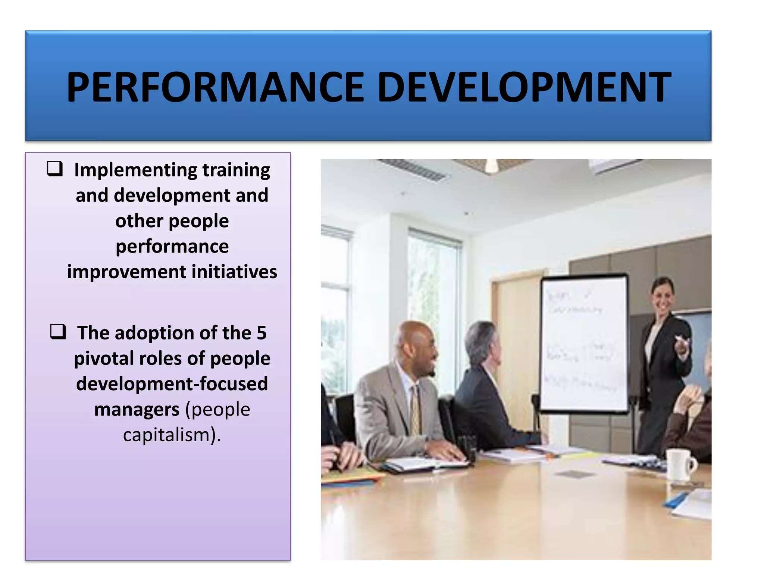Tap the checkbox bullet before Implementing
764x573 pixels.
[55, 169]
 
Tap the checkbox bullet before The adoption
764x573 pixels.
[58, 331]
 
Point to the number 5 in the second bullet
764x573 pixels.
[262, 333]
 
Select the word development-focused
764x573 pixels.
[172, 384]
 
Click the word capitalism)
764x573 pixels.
[172, 435]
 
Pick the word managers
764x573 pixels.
[137, 410]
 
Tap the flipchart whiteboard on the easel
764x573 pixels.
[584, 343]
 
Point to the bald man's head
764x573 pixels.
[416, 343]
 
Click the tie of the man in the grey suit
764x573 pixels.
[415, 410]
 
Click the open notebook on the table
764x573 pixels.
[425, 464]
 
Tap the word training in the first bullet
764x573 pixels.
[236, 170]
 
